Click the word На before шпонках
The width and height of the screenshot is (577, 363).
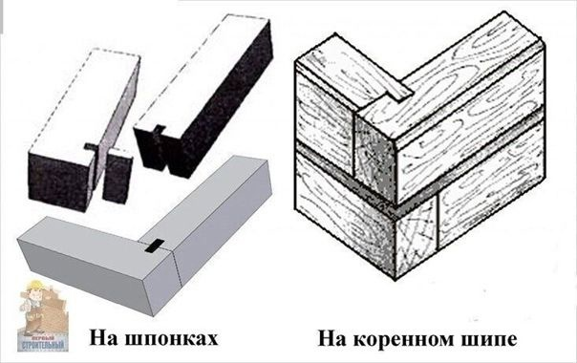click(x=105, y=337)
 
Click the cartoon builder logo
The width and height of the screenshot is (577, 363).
click(x=42, y=316)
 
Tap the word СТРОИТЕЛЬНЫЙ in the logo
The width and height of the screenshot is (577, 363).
click(x=43, y=346)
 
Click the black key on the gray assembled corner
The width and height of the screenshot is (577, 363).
click(x=155, y=246)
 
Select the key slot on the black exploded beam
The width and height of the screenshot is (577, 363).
click(x=160, y=130)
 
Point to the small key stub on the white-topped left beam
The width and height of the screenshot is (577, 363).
click(x=90, y=146)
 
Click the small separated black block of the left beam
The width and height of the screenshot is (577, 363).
click(x=117, y=176)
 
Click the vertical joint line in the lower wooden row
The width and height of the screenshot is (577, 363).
click(x=438, y=224)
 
